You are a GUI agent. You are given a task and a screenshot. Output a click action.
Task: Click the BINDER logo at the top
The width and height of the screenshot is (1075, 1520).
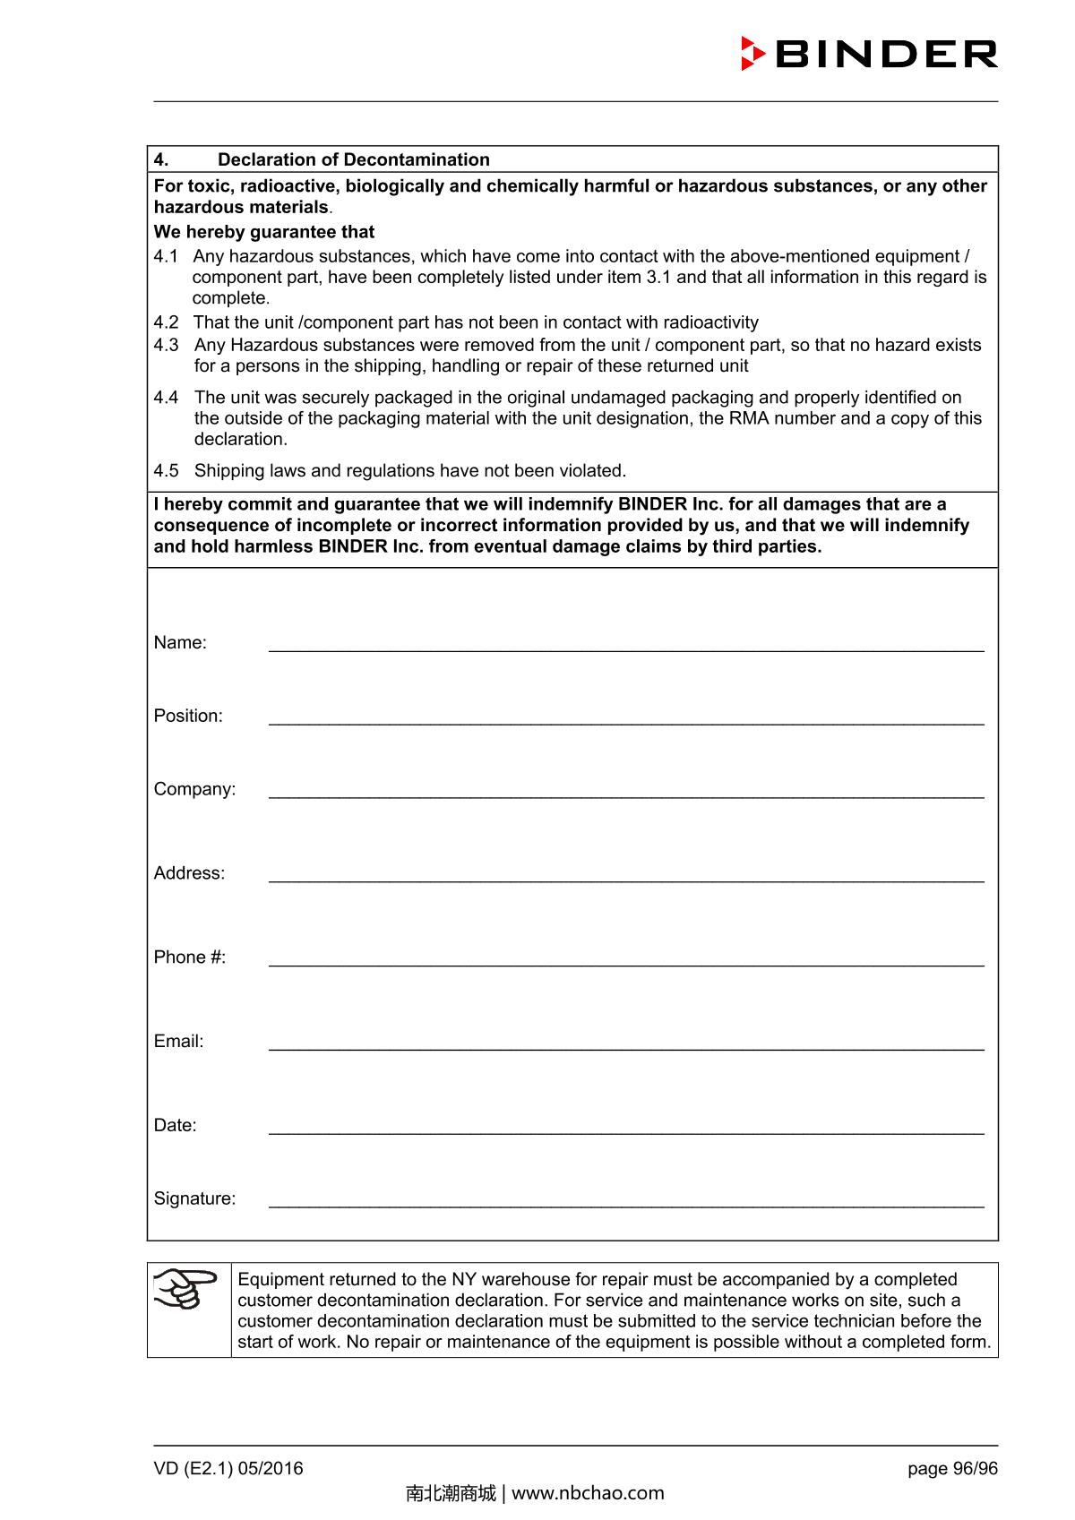(x=869, y=54)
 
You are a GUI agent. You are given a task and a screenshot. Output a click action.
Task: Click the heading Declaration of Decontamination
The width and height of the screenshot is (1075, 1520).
(x=353, y=159)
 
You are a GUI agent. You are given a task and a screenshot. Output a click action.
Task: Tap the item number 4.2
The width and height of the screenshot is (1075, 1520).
(x=166, y=322)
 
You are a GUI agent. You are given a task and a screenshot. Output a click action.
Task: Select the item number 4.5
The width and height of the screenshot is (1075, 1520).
(x=166, y=470)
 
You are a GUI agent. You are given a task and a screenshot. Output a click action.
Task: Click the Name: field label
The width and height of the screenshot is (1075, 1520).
(x=180, y=642)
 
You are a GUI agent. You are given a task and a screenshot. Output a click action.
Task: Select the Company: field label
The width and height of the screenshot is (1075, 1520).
(x=194, y=789)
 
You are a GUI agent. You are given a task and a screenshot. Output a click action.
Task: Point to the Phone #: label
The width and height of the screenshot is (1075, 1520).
(x=190, y=957)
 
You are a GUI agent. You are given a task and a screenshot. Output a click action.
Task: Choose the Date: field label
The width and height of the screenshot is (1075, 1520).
(x=175, y=1125)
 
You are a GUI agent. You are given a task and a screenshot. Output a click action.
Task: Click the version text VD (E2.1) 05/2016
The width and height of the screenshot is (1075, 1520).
(x=228, y=1468)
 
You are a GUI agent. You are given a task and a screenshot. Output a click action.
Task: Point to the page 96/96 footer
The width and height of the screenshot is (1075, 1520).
(x=952, y=1468)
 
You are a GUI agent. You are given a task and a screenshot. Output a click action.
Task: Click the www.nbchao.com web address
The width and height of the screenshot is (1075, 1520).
(x=588, y=1492)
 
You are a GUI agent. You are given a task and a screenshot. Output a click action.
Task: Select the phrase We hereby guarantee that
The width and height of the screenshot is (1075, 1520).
(x=264, y=232)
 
